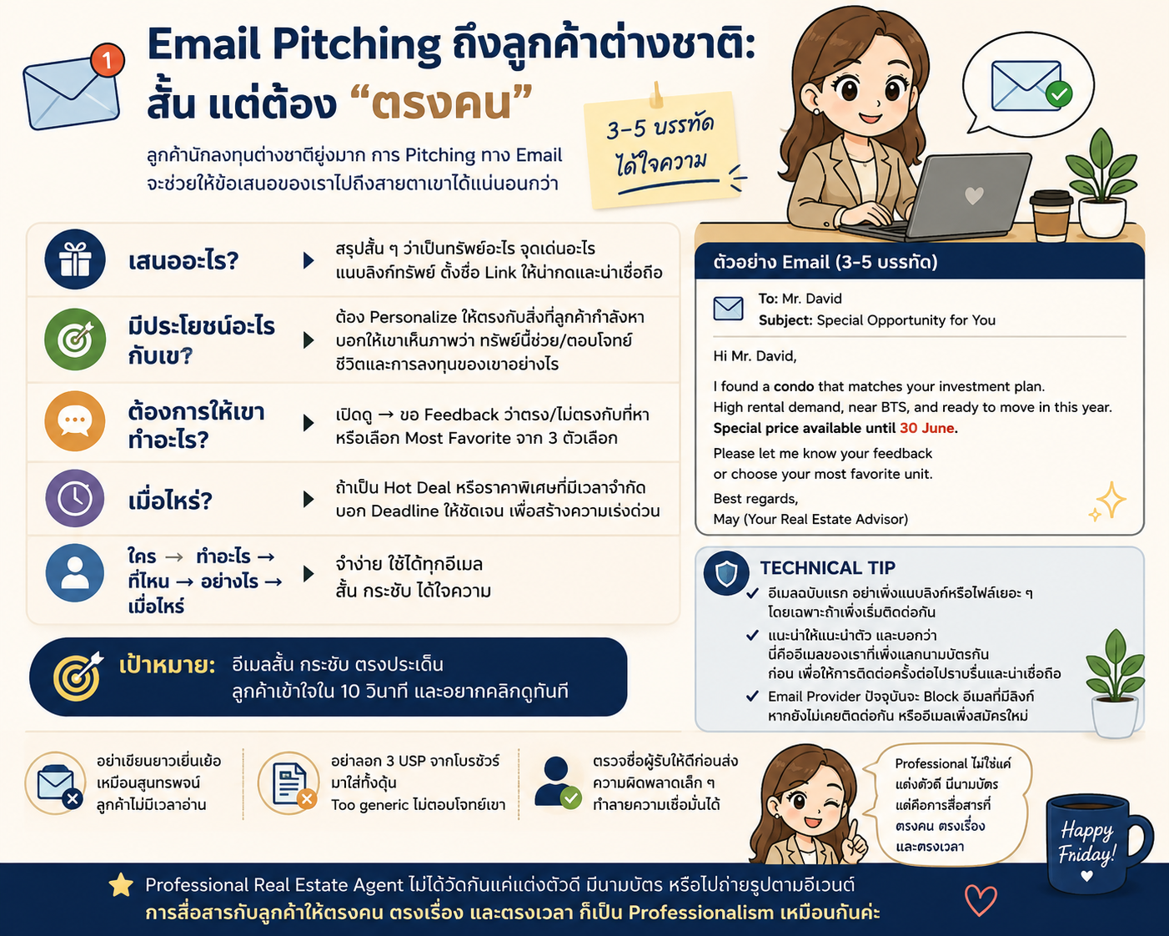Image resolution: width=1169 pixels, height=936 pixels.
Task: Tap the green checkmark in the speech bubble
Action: tap(1059, 94)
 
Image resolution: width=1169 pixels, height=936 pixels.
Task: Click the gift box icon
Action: tap(75, 259)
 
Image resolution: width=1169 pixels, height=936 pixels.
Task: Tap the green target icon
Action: tap(75, 340)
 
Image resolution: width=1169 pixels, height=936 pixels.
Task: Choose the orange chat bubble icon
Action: tap(75, 420)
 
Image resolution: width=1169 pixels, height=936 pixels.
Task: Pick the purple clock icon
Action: tap(75, 498)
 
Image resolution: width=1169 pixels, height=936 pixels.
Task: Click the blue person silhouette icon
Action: tap(75, 573)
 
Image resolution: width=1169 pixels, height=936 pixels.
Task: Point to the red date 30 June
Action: tap(926, 428)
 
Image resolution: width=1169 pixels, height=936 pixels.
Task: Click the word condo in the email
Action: tap(794, 386)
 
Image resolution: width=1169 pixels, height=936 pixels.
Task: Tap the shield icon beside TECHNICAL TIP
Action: tap(726, 573)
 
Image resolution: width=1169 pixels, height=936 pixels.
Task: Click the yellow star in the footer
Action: tap(121, 885)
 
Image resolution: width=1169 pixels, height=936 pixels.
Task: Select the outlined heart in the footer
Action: tap(981, 900)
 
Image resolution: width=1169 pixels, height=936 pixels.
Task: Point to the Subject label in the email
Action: tap(785, 320)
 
